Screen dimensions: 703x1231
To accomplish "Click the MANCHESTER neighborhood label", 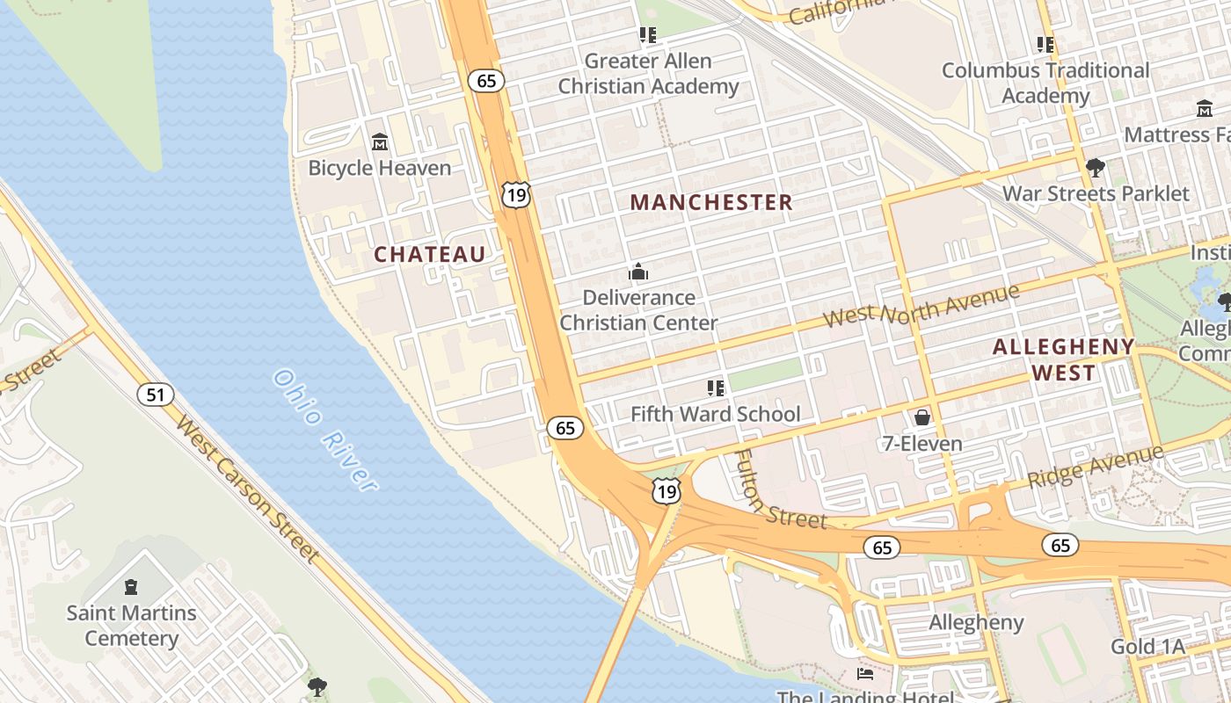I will (x=711, y=202).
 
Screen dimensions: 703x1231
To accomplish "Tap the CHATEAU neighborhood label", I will (x=430, y=255).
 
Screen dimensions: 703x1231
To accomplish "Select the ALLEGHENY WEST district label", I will (x=1063, y=359).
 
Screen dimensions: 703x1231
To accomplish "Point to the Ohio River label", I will (x=324, y=429).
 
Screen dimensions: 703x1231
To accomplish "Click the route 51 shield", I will (x=155, y=395).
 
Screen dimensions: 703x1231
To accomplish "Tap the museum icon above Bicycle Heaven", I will (x=380, y=141).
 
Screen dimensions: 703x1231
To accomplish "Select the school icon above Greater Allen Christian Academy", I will (x=648, y=35).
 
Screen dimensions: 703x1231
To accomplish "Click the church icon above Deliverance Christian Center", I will (x=638, y=272).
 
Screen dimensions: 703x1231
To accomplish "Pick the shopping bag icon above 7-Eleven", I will (x=922, y=417).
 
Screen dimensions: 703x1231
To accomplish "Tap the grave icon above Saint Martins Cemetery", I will (x=131, y=586).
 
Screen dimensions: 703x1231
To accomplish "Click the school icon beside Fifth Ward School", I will (x=716, y=388).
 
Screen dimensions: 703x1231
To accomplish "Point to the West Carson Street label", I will (x=246, y=489).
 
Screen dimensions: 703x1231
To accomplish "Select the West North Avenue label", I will (x=921, y=307).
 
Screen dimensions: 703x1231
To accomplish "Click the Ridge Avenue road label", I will (x=1095, y=467).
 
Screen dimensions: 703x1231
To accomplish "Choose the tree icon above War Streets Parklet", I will (x=1096, y=167).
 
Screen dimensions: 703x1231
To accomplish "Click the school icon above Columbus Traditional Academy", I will (x=1045, y=44).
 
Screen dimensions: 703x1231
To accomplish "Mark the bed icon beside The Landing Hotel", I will (x=865, y=674).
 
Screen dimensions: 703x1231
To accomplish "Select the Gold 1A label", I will (x=1147, y=647).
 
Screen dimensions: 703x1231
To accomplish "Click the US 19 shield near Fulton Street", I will (x=666, y=491).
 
